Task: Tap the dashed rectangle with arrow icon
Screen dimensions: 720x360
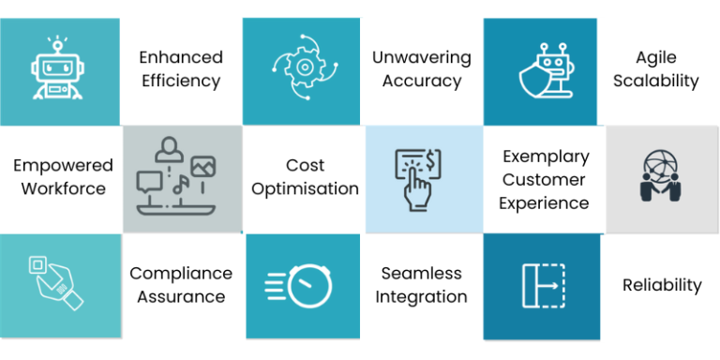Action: (x=541, y=285)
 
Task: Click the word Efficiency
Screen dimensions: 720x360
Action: (x=181, y=81)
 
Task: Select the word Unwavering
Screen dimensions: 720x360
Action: (x=421, y=57)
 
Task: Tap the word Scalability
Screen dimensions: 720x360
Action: (x=656, y=81)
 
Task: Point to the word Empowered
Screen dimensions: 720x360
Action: (x=63, y=165)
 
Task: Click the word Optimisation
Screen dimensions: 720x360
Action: (x=305, y=188)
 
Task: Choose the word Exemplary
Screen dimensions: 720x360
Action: (x=546, y=156)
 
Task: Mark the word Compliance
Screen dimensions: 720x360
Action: (x=181, y=273)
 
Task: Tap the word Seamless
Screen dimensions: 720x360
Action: (x=421, y=273)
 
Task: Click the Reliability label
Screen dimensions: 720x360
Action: (x=662, y=285)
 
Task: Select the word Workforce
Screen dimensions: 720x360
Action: (x=63, y=188)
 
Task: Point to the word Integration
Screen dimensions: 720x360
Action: (x=421, y=296)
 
